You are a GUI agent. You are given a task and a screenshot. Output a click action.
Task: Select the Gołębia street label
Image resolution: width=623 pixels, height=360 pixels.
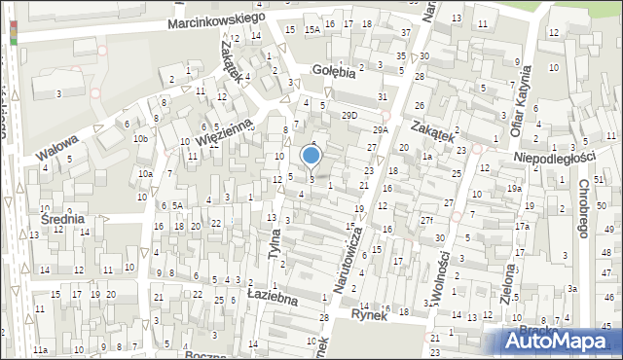click(x=334, y=70)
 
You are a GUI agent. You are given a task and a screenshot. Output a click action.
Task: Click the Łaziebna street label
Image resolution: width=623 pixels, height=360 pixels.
click(x=272, y=295)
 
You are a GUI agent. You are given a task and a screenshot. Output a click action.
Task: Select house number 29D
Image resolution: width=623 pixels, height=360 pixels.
click(x=349, y=115)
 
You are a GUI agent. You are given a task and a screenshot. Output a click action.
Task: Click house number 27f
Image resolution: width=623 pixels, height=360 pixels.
click(x=426, y=221)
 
